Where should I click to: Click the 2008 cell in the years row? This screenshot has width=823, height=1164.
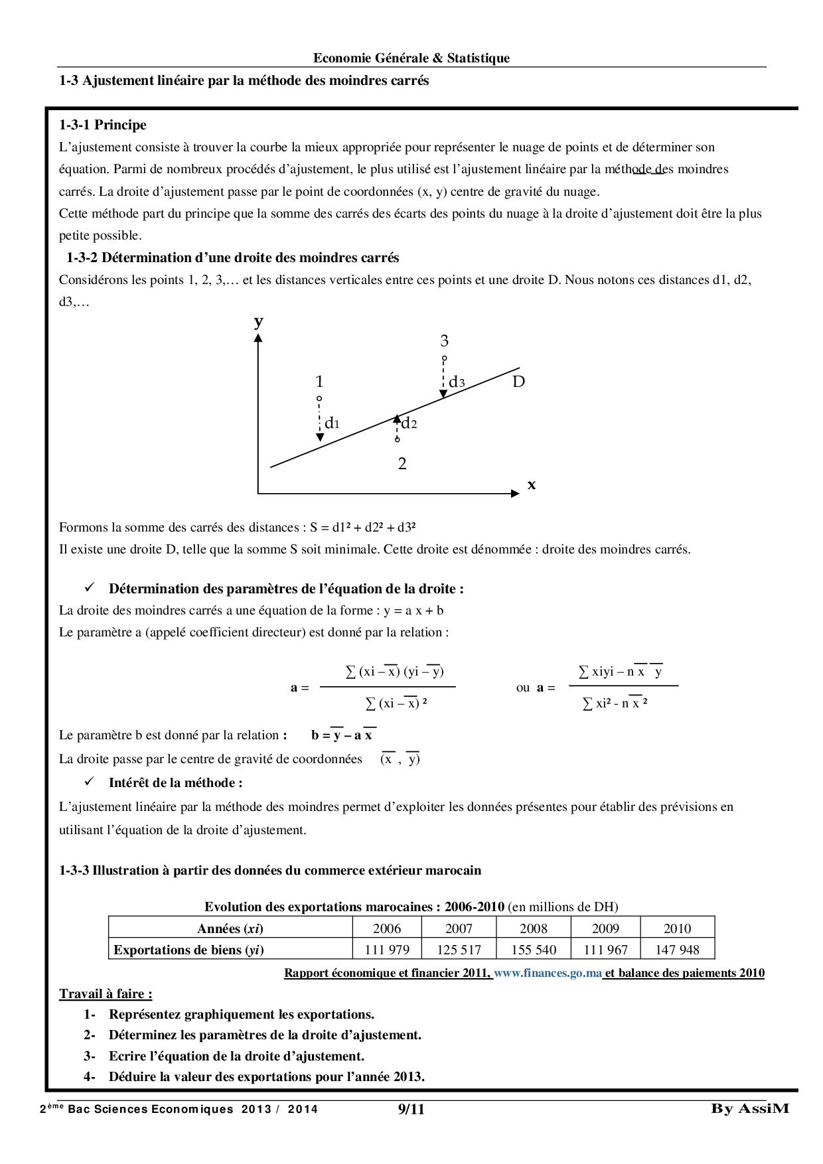(534, 928)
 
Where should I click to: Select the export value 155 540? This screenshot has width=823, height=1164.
(534, 950)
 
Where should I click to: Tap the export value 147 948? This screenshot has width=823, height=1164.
(677, 950)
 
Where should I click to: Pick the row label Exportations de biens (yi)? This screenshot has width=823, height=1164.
(188, 950)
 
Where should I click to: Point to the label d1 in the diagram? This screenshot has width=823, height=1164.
(332, 423)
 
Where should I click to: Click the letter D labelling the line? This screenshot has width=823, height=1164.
(518, 382)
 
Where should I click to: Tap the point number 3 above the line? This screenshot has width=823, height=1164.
(444, 341)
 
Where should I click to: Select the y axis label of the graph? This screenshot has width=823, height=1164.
(259, 322)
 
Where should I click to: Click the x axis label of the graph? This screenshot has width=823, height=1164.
(532, 485)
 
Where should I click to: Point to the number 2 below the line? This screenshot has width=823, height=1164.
(402, 464)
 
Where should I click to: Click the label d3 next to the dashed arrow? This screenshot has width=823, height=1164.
(457, 382)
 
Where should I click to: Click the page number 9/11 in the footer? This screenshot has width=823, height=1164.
(411, 1109)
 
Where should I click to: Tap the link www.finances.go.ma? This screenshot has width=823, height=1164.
(548, 973)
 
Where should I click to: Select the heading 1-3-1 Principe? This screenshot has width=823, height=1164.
(103, 125)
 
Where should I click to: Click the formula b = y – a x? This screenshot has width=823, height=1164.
(342, 735)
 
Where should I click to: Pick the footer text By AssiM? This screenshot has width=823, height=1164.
(750, 1108)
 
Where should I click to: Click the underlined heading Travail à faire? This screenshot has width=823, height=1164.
(106, 993)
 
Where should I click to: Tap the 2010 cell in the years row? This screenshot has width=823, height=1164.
(677, 928)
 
